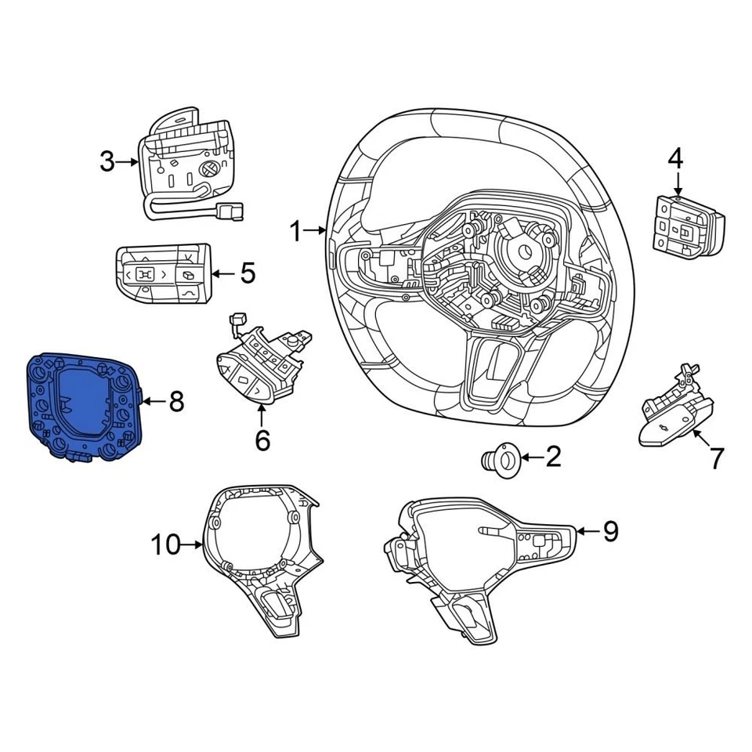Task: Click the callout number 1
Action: [x=295, y=231]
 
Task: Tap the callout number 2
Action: [x=553, y=456]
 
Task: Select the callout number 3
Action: [x=107, y=162]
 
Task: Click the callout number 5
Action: [x=248, y=273]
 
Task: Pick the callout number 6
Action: [x=262, y=440]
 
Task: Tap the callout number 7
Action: [x=717, y=458]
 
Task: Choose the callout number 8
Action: [x=176, y=402]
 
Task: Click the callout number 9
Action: [x=610, y=532]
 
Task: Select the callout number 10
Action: [x=165, y=544]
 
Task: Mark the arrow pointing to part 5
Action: [x=222, y=273]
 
